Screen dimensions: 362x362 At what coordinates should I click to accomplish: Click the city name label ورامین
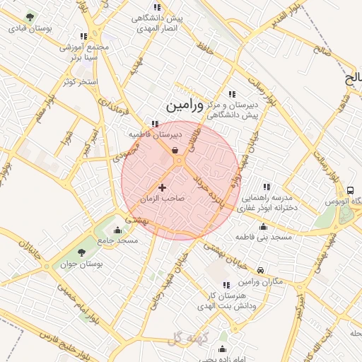point(185,105)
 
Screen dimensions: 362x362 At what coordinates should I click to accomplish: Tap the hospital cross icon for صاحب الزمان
point(163,187)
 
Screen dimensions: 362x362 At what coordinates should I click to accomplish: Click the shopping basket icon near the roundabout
point(175,150)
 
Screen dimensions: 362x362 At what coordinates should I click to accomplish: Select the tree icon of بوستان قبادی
point(30,17)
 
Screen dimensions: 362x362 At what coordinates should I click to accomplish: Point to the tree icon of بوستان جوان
point(83,251)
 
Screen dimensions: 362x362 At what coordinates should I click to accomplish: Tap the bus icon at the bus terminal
point(350,190)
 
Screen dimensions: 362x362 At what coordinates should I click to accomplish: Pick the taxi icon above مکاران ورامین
point(261,270)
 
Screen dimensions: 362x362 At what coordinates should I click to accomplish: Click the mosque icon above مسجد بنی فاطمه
point(264,226)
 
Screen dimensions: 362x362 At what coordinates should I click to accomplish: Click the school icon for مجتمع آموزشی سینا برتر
point(83,36)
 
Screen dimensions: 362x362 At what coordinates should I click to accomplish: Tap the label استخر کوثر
point(78,82)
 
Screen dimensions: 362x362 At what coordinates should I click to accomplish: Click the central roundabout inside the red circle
point(179,161)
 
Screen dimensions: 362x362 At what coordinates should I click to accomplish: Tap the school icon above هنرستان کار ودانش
point(226,284)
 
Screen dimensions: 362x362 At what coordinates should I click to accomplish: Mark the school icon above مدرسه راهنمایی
point(268,187)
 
